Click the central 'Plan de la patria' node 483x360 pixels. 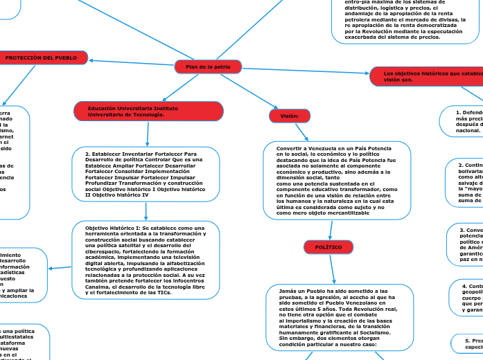[x=208, y=66]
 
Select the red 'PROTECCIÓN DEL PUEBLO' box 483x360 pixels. [x=46, y=58]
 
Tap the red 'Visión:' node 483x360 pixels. [x=290, y=116]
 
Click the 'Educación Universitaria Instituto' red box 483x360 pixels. [x=148, y=111]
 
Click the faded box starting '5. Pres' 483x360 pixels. [x=471, y=343]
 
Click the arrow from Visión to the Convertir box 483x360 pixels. [x=310, y=132]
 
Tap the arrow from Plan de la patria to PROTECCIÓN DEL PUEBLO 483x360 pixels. [x=132, y=62]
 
